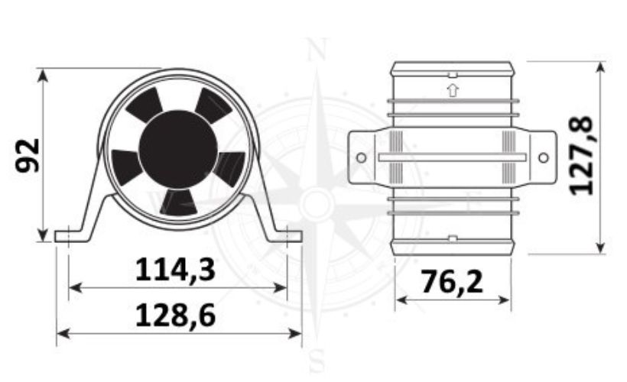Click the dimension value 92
click(x=28, y=155)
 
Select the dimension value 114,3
click(x=176, y=270)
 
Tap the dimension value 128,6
click(x=176, y=316)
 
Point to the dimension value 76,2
click(x=452, y=282)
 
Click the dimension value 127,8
click(x=582, y=155)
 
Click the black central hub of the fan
click(x=178, y=148)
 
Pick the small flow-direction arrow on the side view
click(x=453, y=90)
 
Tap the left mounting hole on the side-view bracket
click(x=361, y=158)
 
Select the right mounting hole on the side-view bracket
click(x=544, y=158)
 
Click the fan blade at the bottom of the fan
click(x=179, y=202)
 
